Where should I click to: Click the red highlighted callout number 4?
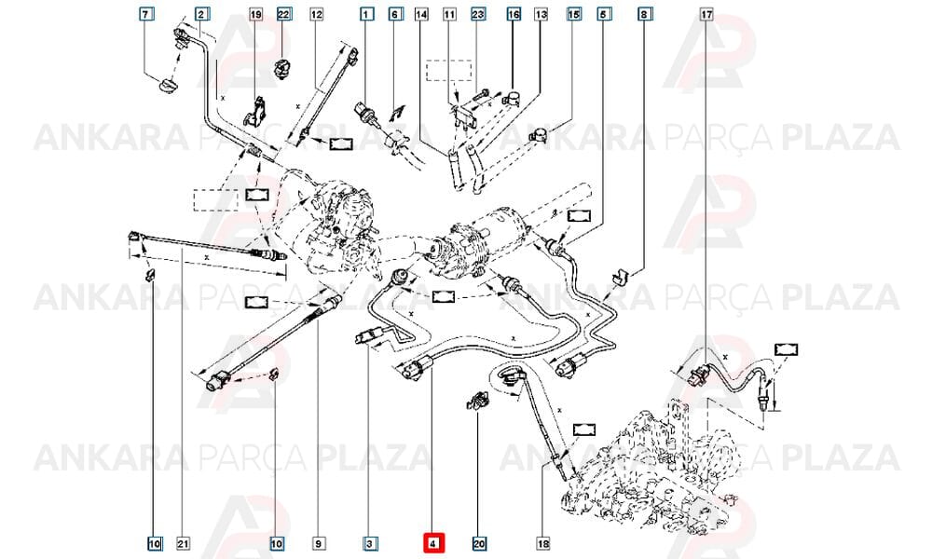coord(433,543)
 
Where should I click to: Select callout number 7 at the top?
coord(146,14)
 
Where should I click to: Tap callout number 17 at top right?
coord(706,14)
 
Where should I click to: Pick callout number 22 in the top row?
coord(283,14)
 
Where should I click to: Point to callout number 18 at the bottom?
coord(542,543)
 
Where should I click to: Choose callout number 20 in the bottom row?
coord(479,543)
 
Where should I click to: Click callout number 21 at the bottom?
coord(183,543)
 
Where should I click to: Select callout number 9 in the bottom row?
coord(318,543)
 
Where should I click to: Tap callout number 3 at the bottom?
coord(370,543)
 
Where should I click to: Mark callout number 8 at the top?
coord(644,14)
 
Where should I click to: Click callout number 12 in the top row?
coord(316,14)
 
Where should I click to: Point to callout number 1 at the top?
coord(366,14)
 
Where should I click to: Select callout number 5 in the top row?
coord(603,14)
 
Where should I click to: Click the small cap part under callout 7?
coord(168,86)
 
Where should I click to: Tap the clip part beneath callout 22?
coord(281,68)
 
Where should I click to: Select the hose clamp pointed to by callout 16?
coord(512,99)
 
